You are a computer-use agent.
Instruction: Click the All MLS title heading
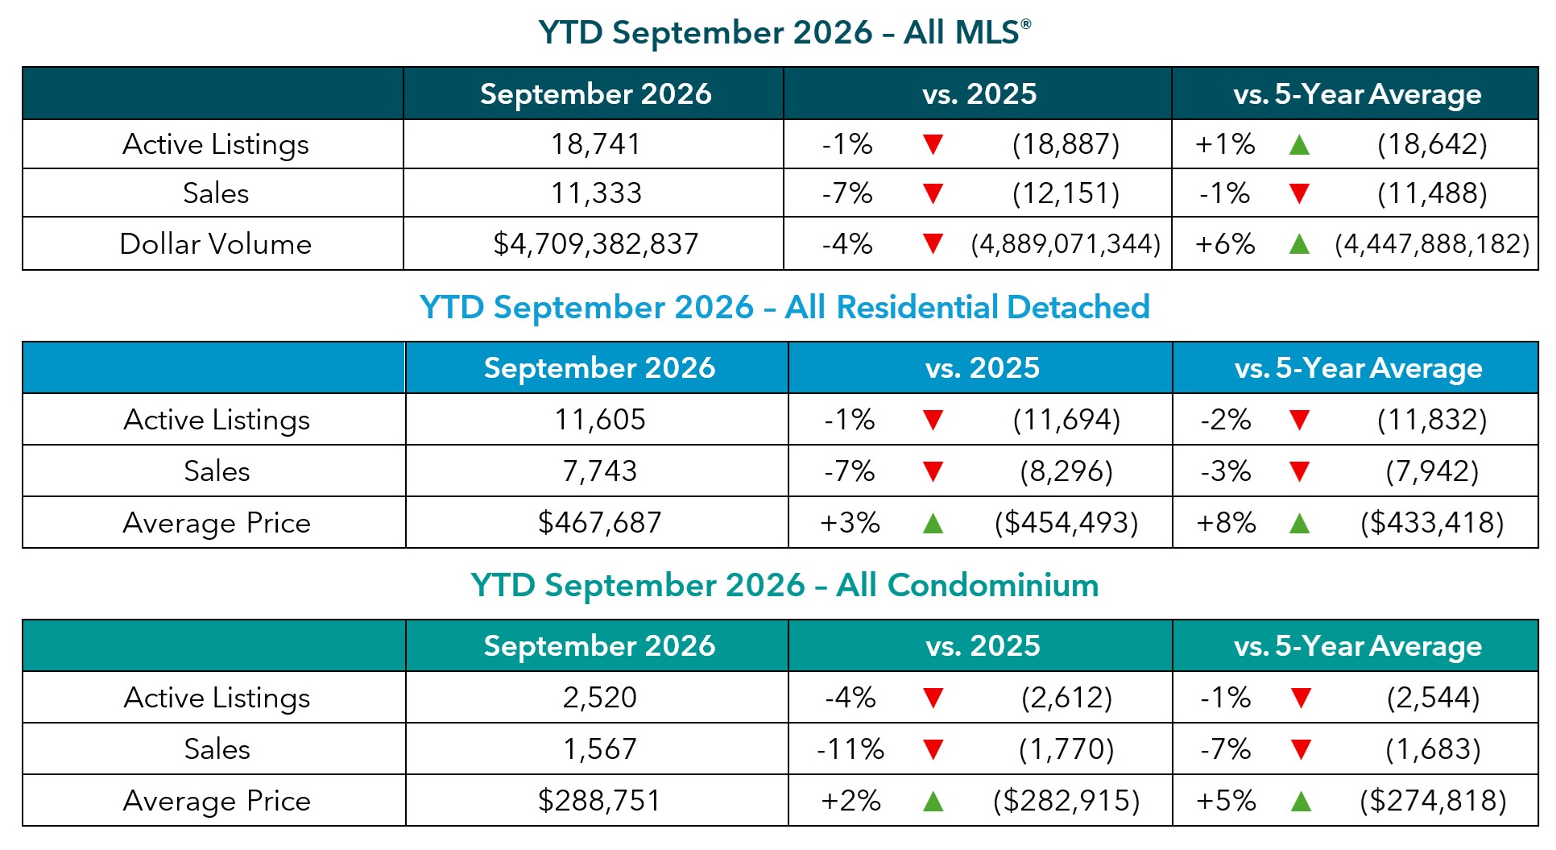coord(784,32)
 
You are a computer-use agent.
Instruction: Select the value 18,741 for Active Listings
coord(596,144)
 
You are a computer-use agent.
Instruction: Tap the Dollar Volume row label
coord(215,243)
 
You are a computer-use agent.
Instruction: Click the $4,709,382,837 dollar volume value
coord(596,243)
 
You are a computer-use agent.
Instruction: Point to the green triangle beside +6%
coord(1299,243)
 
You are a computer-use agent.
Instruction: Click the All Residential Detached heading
coord(784,307)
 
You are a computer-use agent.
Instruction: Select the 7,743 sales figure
coord(599,471)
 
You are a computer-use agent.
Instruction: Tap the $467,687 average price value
coord(599,522)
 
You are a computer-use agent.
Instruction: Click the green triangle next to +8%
coord(1299,523)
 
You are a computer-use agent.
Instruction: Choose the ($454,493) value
coord(1066,522)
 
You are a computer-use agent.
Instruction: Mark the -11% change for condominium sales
coord(850,748)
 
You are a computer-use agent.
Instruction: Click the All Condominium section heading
coord(784,585)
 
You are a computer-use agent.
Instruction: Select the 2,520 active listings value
coord(599,697)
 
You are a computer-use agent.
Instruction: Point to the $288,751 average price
coord(599,800)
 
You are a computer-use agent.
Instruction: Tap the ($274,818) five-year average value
coord(1433,800)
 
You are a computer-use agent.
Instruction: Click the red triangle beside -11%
coord(933,749)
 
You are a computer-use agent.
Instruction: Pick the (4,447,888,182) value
coord(1432,243)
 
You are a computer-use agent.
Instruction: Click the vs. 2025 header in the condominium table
coord(983,645)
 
